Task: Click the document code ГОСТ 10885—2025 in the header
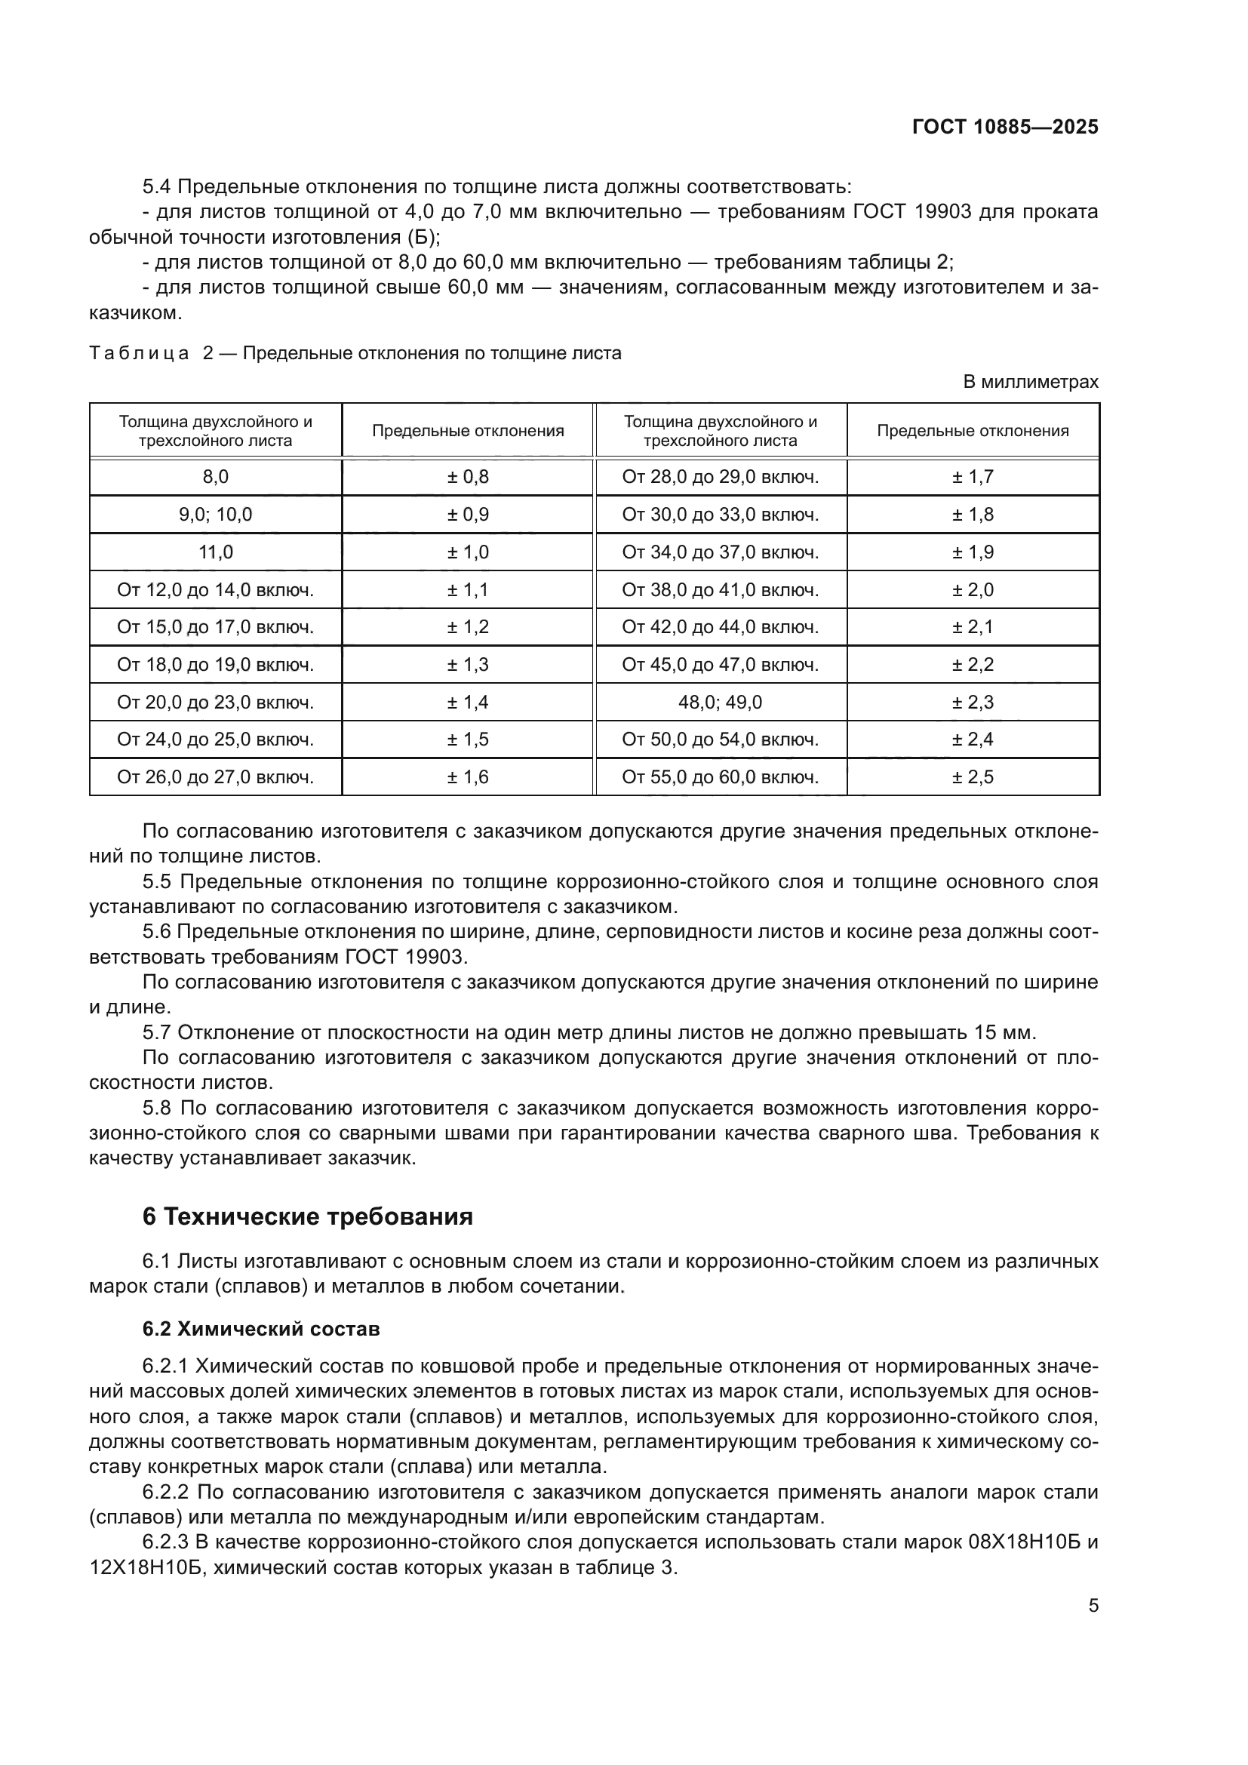click(1004, 127)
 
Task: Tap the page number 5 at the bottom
click(1093, 1605)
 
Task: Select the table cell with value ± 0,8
click(468, 477)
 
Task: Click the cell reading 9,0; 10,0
click(215, 515)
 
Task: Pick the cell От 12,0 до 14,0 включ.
click(215, 589)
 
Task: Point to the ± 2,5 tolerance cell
click(972, 776)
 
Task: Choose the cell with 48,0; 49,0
click(720, 702)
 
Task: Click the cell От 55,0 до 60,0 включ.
click(720, 776)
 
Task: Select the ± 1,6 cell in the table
click(468, 776)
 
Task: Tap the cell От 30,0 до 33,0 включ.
click(720, 515)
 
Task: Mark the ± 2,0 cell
click(972, 589)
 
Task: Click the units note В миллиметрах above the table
click(1030, 381)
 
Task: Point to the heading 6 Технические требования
click(307, 1217)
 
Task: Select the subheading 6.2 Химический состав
click(261, 1329)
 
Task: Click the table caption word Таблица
click(139, 354)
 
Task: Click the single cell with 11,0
click(215, 552)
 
